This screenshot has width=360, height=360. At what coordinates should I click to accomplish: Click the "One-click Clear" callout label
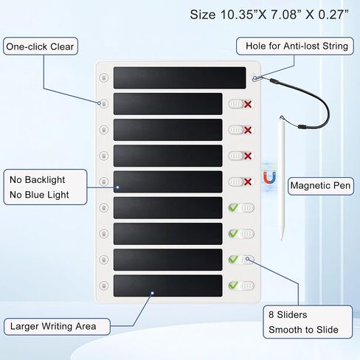pyautogui.click(x=40, y=46)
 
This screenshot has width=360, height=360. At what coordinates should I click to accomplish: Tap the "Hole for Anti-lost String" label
pyautogui.click(x=295, y=46)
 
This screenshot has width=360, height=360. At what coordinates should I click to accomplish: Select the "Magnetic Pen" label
pyautogui.click(x=321, y=186)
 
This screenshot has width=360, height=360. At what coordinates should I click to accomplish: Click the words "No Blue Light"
pyautogui.click(x=39, y=195)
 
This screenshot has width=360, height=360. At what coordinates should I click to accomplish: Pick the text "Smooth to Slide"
pyautogui.click(x=303, y=330)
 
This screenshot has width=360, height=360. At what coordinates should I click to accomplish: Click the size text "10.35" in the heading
pyautogui.click(x=236, y=15)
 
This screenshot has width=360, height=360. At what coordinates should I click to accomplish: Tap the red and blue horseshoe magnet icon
pyautogui.click(x=269, y=178)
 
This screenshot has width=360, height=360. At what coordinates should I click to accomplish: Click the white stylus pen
pyautogui.click(x=282, y=178)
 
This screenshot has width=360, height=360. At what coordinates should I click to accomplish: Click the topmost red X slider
pyautogui.click(x=241, y=104)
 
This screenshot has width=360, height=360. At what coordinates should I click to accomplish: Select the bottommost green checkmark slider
pyautogui.click(x=241, y=285)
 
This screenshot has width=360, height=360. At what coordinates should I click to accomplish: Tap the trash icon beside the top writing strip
pyautogui.click(x=104, y=77)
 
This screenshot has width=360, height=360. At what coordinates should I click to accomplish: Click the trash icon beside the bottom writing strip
pyautogui.click(x=104, y=285)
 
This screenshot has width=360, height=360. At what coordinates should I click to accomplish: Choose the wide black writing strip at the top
pyautogui.click(x=179, y=77)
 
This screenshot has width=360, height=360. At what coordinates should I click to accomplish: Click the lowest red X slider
pyautogui.click(x=241, y=182)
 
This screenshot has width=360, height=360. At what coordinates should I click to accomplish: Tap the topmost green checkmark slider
pyautogui.click(x=241, y=208)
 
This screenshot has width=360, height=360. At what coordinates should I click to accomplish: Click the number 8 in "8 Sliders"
pyautogui.click(x=271, y=314)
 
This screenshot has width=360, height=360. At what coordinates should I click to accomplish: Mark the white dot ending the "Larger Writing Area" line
pyautogui.click(x=153, y=293)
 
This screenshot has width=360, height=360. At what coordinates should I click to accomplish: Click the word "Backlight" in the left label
pyautogui.click(x=45, y=180)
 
